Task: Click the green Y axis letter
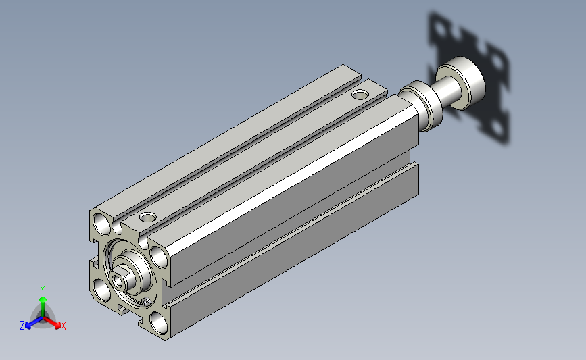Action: click(43, 290)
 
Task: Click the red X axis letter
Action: click(63, 326)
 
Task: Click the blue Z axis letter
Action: click(22, 326)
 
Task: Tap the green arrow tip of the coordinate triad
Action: click(43, 299)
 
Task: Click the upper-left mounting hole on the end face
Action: click(102, 224)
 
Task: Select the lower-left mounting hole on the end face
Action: click(102, 290)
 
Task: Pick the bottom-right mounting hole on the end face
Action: click(159, 323)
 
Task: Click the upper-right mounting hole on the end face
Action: click(159, 256)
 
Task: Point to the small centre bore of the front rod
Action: click(120, 281)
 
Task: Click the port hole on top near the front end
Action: click(148, 217)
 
